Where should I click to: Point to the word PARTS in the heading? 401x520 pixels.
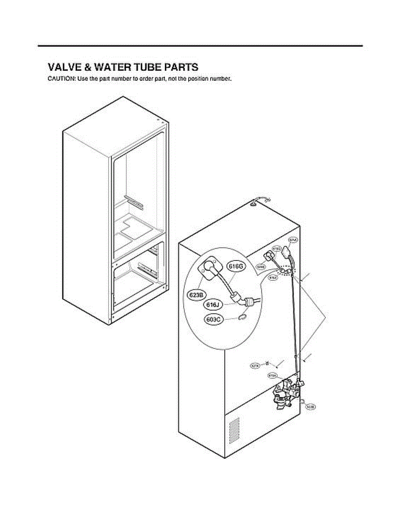[181, 67]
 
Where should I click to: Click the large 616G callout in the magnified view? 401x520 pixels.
[237, 266]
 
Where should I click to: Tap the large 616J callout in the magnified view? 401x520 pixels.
[213, 305]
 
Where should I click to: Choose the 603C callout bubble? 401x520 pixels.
[213, 320]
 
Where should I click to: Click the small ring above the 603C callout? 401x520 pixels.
[243, 317]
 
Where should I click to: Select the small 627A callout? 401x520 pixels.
[255, 366]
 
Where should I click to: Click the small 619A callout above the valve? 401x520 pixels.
[273, 375]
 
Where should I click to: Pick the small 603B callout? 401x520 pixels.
[310, 407]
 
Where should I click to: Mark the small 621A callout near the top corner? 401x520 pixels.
[292, 240]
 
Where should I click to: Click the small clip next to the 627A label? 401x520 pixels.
[267, 363]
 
